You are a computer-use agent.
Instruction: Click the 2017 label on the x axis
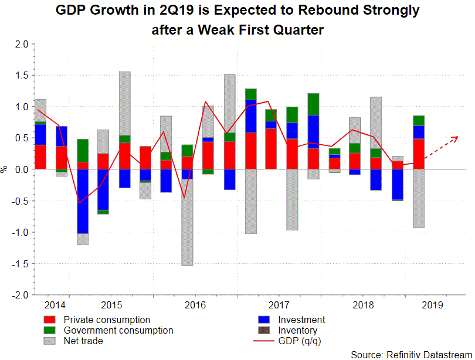279,305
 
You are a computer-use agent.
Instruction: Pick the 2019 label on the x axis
433,305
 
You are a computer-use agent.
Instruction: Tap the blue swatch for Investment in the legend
265,320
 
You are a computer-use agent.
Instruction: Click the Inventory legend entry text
298,331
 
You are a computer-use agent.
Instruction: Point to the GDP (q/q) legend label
300,341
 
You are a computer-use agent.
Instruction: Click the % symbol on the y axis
5,169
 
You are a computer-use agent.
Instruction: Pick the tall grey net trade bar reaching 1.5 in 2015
124,103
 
